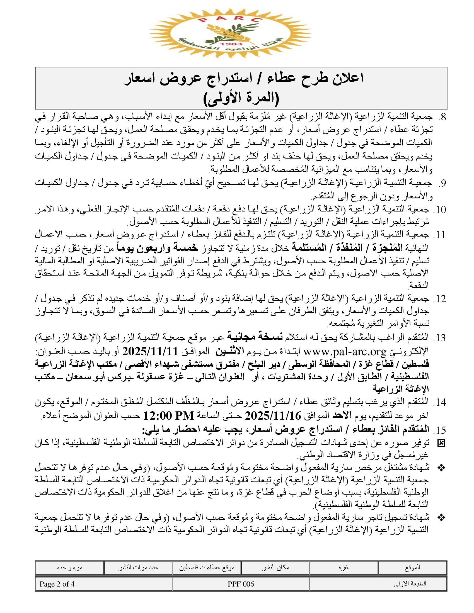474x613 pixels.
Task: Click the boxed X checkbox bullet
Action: (441, 443)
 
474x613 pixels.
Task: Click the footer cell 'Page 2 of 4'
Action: (57, 584)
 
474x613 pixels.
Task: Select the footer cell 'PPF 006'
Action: (241, 584)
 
